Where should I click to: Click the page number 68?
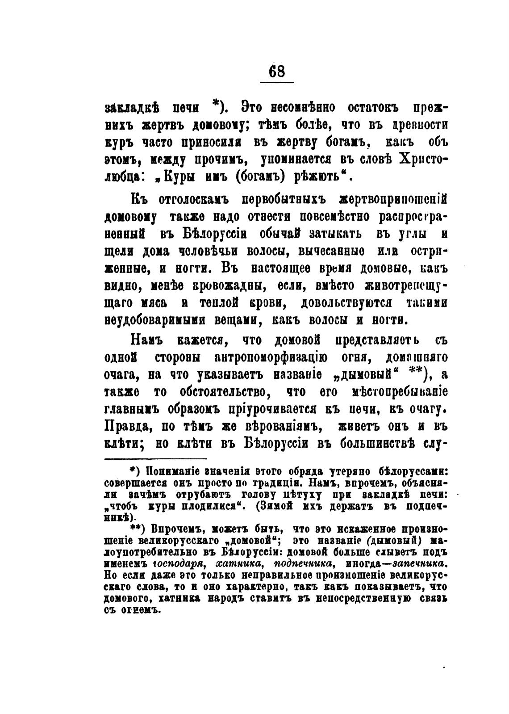pyautogui.click(x=277, y=71)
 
